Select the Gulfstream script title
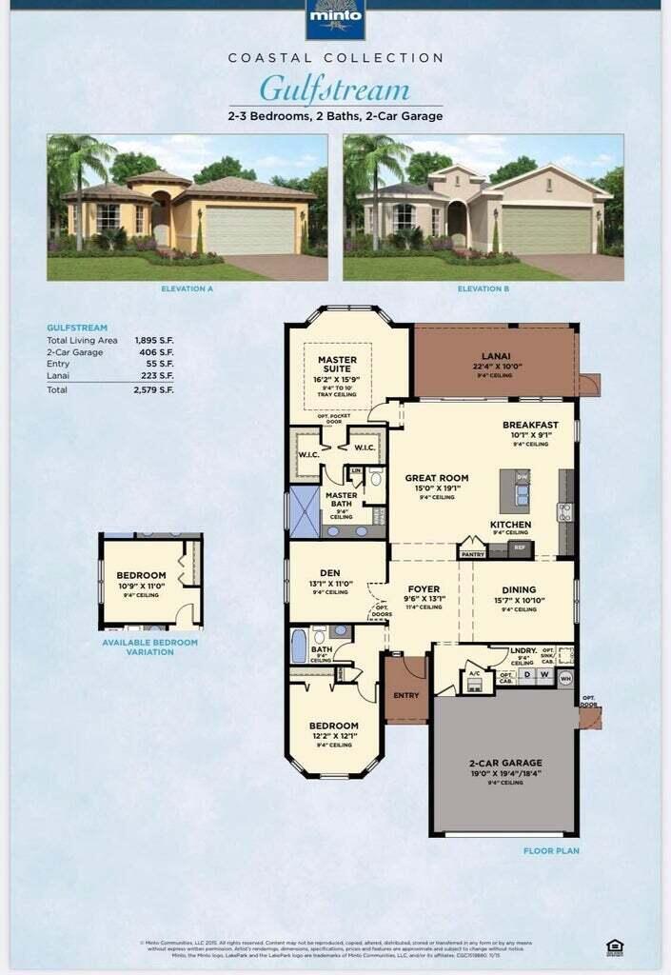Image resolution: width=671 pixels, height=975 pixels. pos(335,90)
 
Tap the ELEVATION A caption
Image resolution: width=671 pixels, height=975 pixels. pos(188,289)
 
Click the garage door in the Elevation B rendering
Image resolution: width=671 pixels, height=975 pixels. pos(546,229)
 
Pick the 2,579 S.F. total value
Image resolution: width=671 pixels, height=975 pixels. pos(154,389)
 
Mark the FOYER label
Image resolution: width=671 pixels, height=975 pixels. pos(424,588)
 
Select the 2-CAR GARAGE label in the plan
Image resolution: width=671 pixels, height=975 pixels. pos(504,763)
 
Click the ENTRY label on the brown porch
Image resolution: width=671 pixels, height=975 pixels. pos(405,695)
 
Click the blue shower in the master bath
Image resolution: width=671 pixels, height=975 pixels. pos(305,512)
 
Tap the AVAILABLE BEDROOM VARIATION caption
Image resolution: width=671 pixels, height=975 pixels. pos(150,647)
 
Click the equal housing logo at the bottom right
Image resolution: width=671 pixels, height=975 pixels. pos(615,945)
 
